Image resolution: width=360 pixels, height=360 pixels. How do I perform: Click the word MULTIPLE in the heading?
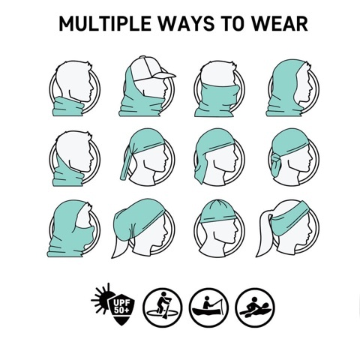coord(105,23)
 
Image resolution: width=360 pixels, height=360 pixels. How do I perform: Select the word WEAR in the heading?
coord(279,23)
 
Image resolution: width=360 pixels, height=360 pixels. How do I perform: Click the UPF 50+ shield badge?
coord(122,310)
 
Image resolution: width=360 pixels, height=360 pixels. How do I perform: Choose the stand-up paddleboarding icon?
coord(163,307)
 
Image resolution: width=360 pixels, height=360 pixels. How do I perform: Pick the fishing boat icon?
coord(208,307)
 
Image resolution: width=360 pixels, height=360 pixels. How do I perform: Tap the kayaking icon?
coord(255,307)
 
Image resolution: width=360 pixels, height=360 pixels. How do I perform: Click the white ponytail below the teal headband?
coord(263,235)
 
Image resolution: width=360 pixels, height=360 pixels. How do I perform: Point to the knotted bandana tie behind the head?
coord(275,163)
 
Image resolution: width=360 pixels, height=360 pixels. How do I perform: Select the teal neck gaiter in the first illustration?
coord(68,106)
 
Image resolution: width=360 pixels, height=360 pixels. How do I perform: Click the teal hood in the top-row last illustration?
coord(285,88)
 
